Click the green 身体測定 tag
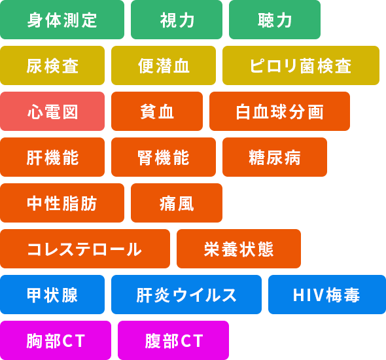pyautogui.click(x=62, y=20)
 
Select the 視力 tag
pyautogui.click(x=177, y=20)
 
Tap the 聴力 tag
pyautogui.click(x=275, y=20)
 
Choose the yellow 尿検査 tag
pyautogui.click(x=52, y=65)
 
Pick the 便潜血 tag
pyautogui.click(x=164, y=65)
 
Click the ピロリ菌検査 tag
pyautogui.click(x=301, y=65)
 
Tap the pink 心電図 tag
pyautogui.click(x=52, y=111)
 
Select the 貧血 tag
pyautogui.click(x=157, y=111)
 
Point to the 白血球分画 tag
pyautogui.click(x=279, y=111)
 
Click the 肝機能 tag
pyautogui.click(x=52, y=157)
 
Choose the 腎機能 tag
pyautogui.click(x=164, y=157)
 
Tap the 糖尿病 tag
pyautogui.click(x=275, y=157)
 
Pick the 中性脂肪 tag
pyautogui.click(x=62, y=203)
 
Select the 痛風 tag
pyautogui.click(x=177, y=203)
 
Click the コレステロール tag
pyautogui.click(x=85, y=249)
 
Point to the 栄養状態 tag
pyautogui.click(x=239, y=249)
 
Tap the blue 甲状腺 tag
pyautogui.click(x=52, y=295)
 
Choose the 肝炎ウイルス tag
pyautogui.click(x=186, y=295)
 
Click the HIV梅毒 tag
pyautogui.click(x=327, y=295)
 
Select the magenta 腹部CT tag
pyautogui.click(x=173, y=340)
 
